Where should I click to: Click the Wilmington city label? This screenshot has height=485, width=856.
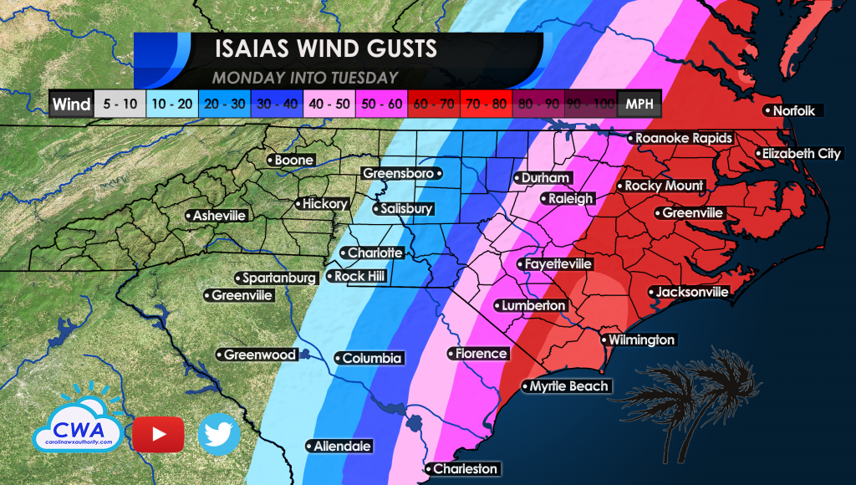(639, 340)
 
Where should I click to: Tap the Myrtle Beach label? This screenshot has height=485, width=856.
(568, 386)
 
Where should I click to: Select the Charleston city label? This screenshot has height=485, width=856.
(464, 469)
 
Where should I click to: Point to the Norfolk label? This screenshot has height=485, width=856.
(795, 111)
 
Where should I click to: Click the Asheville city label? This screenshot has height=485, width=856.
(218, 216)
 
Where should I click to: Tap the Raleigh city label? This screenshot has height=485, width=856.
(570, 199)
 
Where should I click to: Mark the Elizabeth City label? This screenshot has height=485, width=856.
(799, 154)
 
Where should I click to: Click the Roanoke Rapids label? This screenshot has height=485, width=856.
(683, 138)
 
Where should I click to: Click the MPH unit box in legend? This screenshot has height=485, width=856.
(638, 105)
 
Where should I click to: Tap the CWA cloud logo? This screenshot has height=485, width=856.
(78, 422)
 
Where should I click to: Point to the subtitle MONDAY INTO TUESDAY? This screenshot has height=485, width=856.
(304, 78)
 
